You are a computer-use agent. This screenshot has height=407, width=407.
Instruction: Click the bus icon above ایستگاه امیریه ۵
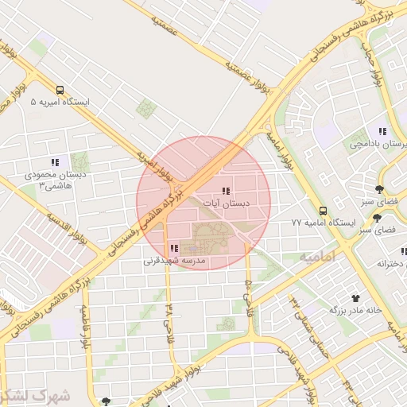[60, 90]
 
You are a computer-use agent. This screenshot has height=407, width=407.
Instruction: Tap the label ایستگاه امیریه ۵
[60, 103]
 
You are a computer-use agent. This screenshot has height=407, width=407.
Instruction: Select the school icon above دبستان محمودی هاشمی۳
[54, 163]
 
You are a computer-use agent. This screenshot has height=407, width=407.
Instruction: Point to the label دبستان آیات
[227, 203]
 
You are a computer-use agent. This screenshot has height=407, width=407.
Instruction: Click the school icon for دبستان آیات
[226, 191]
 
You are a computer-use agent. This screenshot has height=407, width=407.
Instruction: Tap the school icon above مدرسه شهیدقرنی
[174, 248]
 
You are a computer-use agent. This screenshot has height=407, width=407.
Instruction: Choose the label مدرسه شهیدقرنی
[174, 260]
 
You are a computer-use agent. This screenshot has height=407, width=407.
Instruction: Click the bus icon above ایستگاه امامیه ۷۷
[323, 211]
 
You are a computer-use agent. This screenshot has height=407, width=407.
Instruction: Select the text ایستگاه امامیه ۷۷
[322, 223]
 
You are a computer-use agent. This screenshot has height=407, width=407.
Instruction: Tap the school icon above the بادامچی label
[382, 131]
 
